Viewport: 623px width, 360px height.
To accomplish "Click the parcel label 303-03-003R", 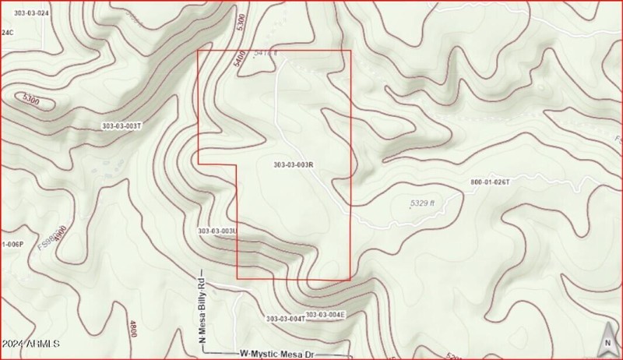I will [294, 164].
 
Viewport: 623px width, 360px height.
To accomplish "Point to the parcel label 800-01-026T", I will [490, 182].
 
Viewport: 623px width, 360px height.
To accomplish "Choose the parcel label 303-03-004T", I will [284, 319].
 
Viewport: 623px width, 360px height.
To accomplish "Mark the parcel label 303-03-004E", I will [325, 315].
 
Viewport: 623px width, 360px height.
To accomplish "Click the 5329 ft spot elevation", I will [422, 203].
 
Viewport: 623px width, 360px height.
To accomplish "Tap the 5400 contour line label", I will [240, 61].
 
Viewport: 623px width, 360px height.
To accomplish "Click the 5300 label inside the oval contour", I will [32, 100].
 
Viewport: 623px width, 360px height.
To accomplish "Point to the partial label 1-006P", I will [12, 244].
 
